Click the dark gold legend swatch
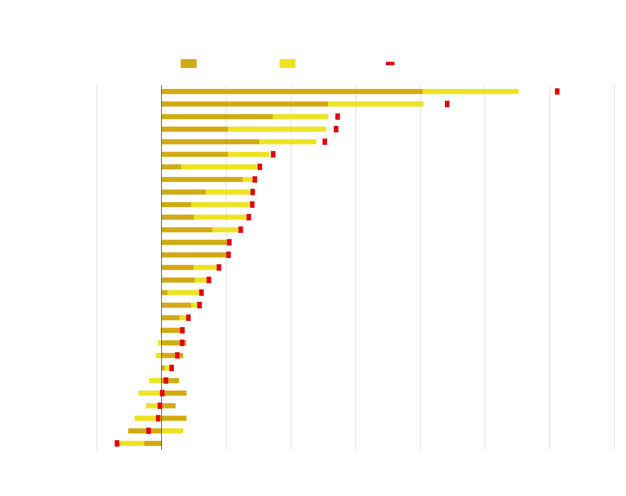click(x=188, y=63)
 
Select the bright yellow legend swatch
click(x=287, y=63)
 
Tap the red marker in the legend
click(x=390, y=63)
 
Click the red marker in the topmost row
click(x=557, y=92)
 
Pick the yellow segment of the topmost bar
click(x=470, y=92)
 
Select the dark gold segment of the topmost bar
click(x=292, y=92)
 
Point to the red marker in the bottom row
click(x=117, y=443)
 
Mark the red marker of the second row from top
click(x=447, y=104)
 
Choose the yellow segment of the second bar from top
click(x=375, y=104)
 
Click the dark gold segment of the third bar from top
click(x=217, y=117)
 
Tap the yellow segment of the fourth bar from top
click(x=277, y=129)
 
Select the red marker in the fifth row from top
click(x=325, y=142)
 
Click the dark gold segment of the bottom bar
click(x=153, y=443)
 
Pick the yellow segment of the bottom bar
click(x=132, y=443)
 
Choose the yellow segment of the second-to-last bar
click(x=173, y=431)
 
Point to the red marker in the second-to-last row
click(x=148, y=431)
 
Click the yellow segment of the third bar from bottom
click(x=145, y=418)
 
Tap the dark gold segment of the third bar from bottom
click(x=174, y=418)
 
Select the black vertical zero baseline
click(x=161, y=268)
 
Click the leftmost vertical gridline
click(x=97, y=268)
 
